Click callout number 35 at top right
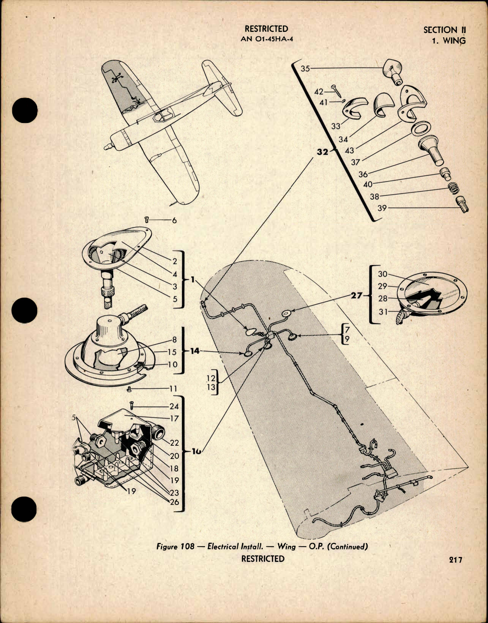[x=305, y=68]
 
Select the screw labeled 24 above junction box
[x=131, y=405]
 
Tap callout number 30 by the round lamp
[x=382, y=274]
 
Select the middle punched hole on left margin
[x=25, y=310]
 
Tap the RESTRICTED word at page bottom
[x=262, y=558]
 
